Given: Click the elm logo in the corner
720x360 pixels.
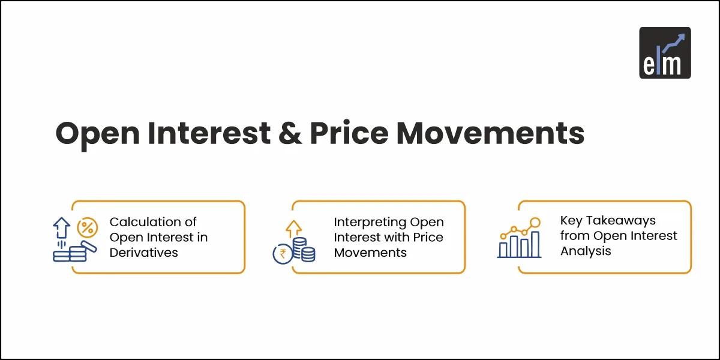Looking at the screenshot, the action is point(665,53).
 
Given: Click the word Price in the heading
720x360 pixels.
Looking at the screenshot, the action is point(349,133).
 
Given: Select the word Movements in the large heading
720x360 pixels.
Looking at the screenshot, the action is point(491,133).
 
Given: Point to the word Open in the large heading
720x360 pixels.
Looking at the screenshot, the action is point(98,136).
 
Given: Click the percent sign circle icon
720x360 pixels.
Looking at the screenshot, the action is point(88,227).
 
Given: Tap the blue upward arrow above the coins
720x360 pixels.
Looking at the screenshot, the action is point(61,227).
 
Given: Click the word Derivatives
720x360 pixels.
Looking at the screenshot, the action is point(143,253).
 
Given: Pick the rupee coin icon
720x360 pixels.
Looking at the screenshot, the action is point(283,254).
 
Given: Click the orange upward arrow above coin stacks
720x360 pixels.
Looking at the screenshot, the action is point(293,229).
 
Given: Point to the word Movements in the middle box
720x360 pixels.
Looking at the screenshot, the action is point(370,253).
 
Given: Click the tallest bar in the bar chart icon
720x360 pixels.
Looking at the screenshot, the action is point(535,244).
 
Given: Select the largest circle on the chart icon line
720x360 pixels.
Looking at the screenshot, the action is point(535,222).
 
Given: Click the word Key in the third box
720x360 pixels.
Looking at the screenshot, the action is point(571,221).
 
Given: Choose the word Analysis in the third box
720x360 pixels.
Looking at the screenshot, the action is point(586,251).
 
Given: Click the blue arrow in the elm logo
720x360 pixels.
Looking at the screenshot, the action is point(674,43).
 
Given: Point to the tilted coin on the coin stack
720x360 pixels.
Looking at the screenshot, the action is point(89,246).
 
